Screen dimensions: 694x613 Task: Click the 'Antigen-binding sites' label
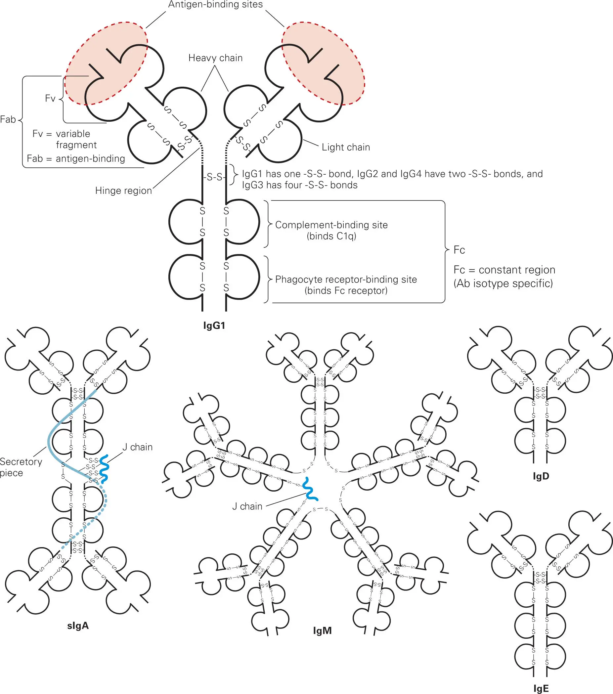[215, 5]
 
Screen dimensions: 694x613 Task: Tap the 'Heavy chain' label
[215, 58]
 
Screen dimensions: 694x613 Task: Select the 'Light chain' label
[346, 147]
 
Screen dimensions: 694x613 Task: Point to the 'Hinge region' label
[123, 191]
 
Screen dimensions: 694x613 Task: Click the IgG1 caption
[214, 325]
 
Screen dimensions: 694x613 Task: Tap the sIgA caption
[78, 626]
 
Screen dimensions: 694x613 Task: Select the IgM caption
[322, 630]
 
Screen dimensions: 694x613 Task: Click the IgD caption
[541, 476]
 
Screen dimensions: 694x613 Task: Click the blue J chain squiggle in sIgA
[104, 468]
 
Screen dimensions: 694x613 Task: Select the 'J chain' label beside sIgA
[137, 447]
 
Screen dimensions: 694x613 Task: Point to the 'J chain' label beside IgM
[247, 506]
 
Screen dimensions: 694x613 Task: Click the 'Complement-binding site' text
[331, 225]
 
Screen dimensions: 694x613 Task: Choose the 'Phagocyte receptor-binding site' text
[346, 280]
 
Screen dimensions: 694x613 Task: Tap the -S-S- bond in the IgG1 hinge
[214, 177]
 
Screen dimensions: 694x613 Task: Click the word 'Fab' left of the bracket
[8, 119]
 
